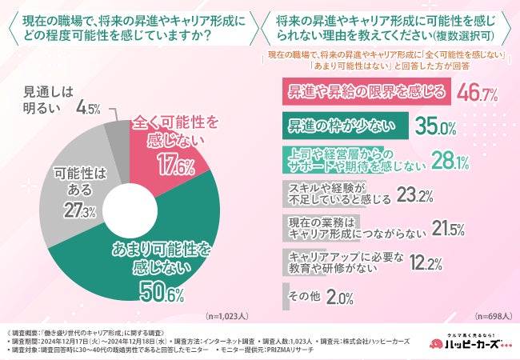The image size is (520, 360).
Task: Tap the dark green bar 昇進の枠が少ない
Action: point(346,126)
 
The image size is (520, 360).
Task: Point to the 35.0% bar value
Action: point(437,126)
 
